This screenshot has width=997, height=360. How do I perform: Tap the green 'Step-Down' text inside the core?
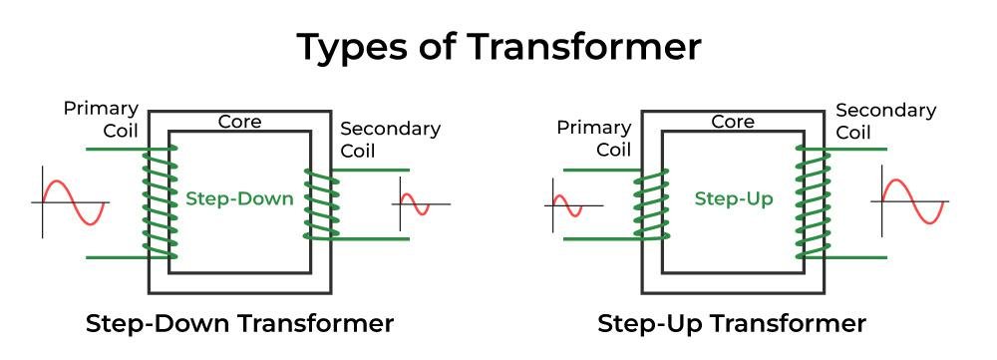(239, 198)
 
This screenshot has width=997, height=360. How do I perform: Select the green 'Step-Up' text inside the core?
(733, 198)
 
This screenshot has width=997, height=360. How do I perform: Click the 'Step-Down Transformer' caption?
(239, 324)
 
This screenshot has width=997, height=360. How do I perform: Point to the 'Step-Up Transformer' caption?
(732, 324)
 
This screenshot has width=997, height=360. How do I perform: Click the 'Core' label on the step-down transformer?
(239, 122)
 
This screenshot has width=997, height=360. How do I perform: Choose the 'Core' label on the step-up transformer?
(733, 122)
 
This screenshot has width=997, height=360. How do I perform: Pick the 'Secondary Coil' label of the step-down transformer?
(390, 140)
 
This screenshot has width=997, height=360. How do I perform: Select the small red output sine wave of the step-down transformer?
(414, 204)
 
